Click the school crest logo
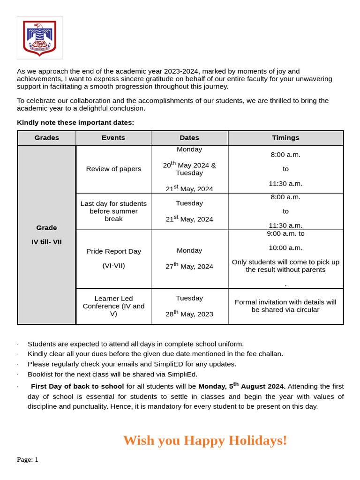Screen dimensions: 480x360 40,37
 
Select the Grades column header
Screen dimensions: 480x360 47,138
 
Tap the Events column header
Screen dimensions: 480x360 113,138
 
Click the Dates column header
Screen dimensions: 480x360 189,138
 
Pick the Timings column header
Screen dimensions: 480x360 285,138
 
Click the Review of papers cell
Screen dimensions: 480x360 113,169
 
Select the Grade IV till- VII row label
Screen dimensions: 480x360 46,235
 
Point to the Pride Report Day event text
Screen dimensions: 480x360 113,251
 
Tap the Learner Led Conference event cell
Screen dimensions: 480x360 113,306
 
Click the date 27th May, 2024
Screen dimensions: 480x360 189,266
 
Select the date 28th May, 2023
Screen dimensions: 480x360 189,314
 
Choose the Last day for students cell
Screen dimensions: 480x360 113,211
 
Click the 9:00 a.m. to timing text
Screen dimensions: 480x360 285,233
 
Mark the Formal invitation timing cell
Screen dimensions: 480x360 285,306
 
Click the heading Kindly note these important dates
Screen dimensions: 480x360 75,122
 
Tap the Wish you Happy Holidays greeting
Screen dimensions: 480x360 205,441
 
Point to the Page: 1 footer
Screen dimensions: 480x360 28,460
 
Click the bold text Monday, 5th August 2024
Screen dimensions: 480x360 241,386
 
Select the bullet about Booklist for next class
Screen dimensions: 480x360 112,374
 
